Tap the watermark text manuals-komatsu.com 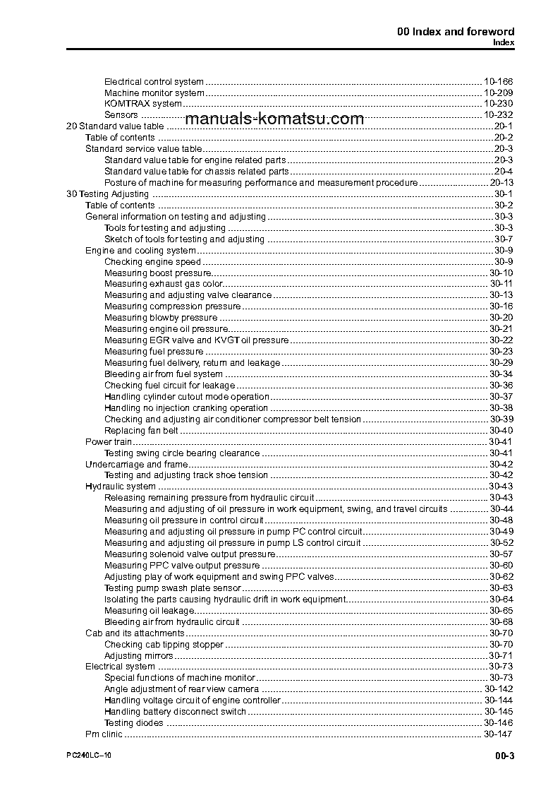pyautogui.click(x=274, y=119)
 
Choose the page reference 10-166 pyautogui.click(x=498, y=81)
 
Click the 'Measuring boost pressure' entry pyautogui.click(x=157, y=273)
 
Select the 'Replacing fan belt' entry pyautogui.click(x=141, y=430)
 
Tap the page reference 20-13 pyautogui.click(x=501, y=183)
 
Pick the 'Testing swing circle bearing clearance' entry pyautogui.click(x=182, y=453)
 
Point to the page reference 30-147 pyautogui.click(x=498, y=734)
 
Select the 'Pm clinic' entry pyautogui.click(x=104, y=734)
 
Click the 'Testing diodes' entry pyautogui.click(x=134, y=722)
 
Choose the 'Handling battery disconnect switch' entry pyautogui.click(x=176, y=711)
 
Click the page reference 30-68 pyautogui.click(x=501, y=621)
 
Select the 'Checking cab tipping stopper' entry pyautogui.click(x=164, y=644)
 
